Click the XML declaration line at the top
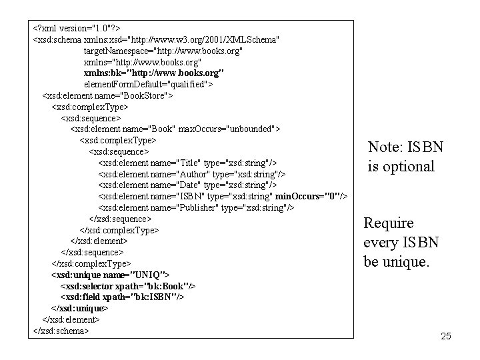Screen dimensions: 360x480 click(76, 29)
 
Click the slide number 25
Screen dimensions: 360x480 click(446, 337)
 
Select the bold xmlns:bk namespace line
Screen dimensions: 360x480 click(153, 72)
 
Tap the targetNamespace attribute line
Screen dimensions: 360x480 click(163, 51)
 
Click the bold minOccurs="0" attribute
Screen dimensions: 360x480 click(311, 196)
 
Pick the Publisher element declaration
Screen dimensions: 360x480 click(196, 207)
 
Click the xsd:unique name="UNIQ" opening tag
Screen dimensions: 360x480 click(110, 275)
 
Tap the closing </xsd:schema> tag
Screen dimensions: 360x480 click(61, 331)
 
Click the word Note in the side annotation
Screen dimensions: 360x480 click(384, 147)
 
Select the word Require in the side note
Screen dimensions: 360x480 click(389, 223)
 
